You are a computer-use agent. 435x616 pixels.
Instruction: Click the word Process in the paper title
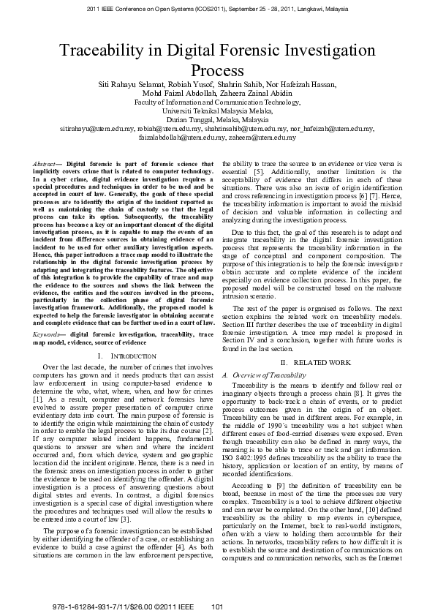[x=217, y=71]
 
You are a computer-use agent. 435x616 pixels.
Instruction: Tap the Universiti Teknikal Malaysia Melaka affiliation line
[x=217, y=111]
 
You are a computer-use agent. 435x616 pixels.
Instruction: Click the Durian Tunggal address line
[x=217, y=119]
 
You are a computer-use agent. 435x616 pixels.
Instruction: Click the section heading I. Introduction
[x=116, y=355]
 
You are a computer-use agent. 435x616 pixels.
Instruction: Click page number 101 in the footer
[x=216, y=606]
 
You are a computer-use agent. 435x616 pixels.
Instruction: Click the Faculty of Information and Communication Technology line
[x=217, y=103]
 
